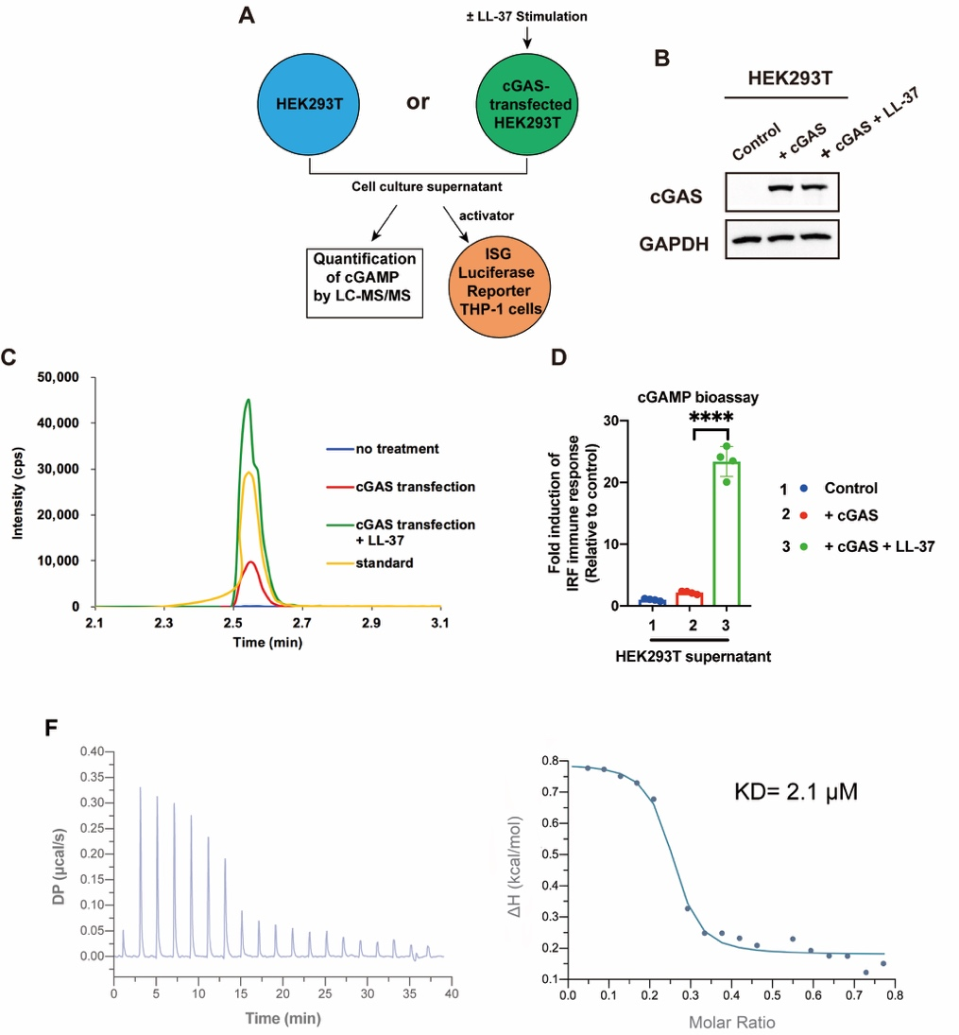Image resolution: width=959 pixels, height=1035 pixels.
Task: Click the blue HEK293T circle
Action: click(x=311, y=102)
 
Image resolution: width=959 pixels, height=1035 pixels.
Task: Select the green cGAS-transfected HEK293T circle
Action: click(x=527, y=102)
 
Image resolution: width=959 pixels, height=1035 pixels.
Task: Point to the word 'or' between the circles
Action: click(x=418, y=101)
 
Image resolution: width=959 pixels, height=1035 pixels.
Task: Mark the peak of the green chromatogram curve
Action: click(x=248, y=400)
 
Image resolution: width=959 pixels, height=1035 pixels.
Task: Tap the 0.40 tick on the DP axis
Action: click(x=90, y=751)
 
